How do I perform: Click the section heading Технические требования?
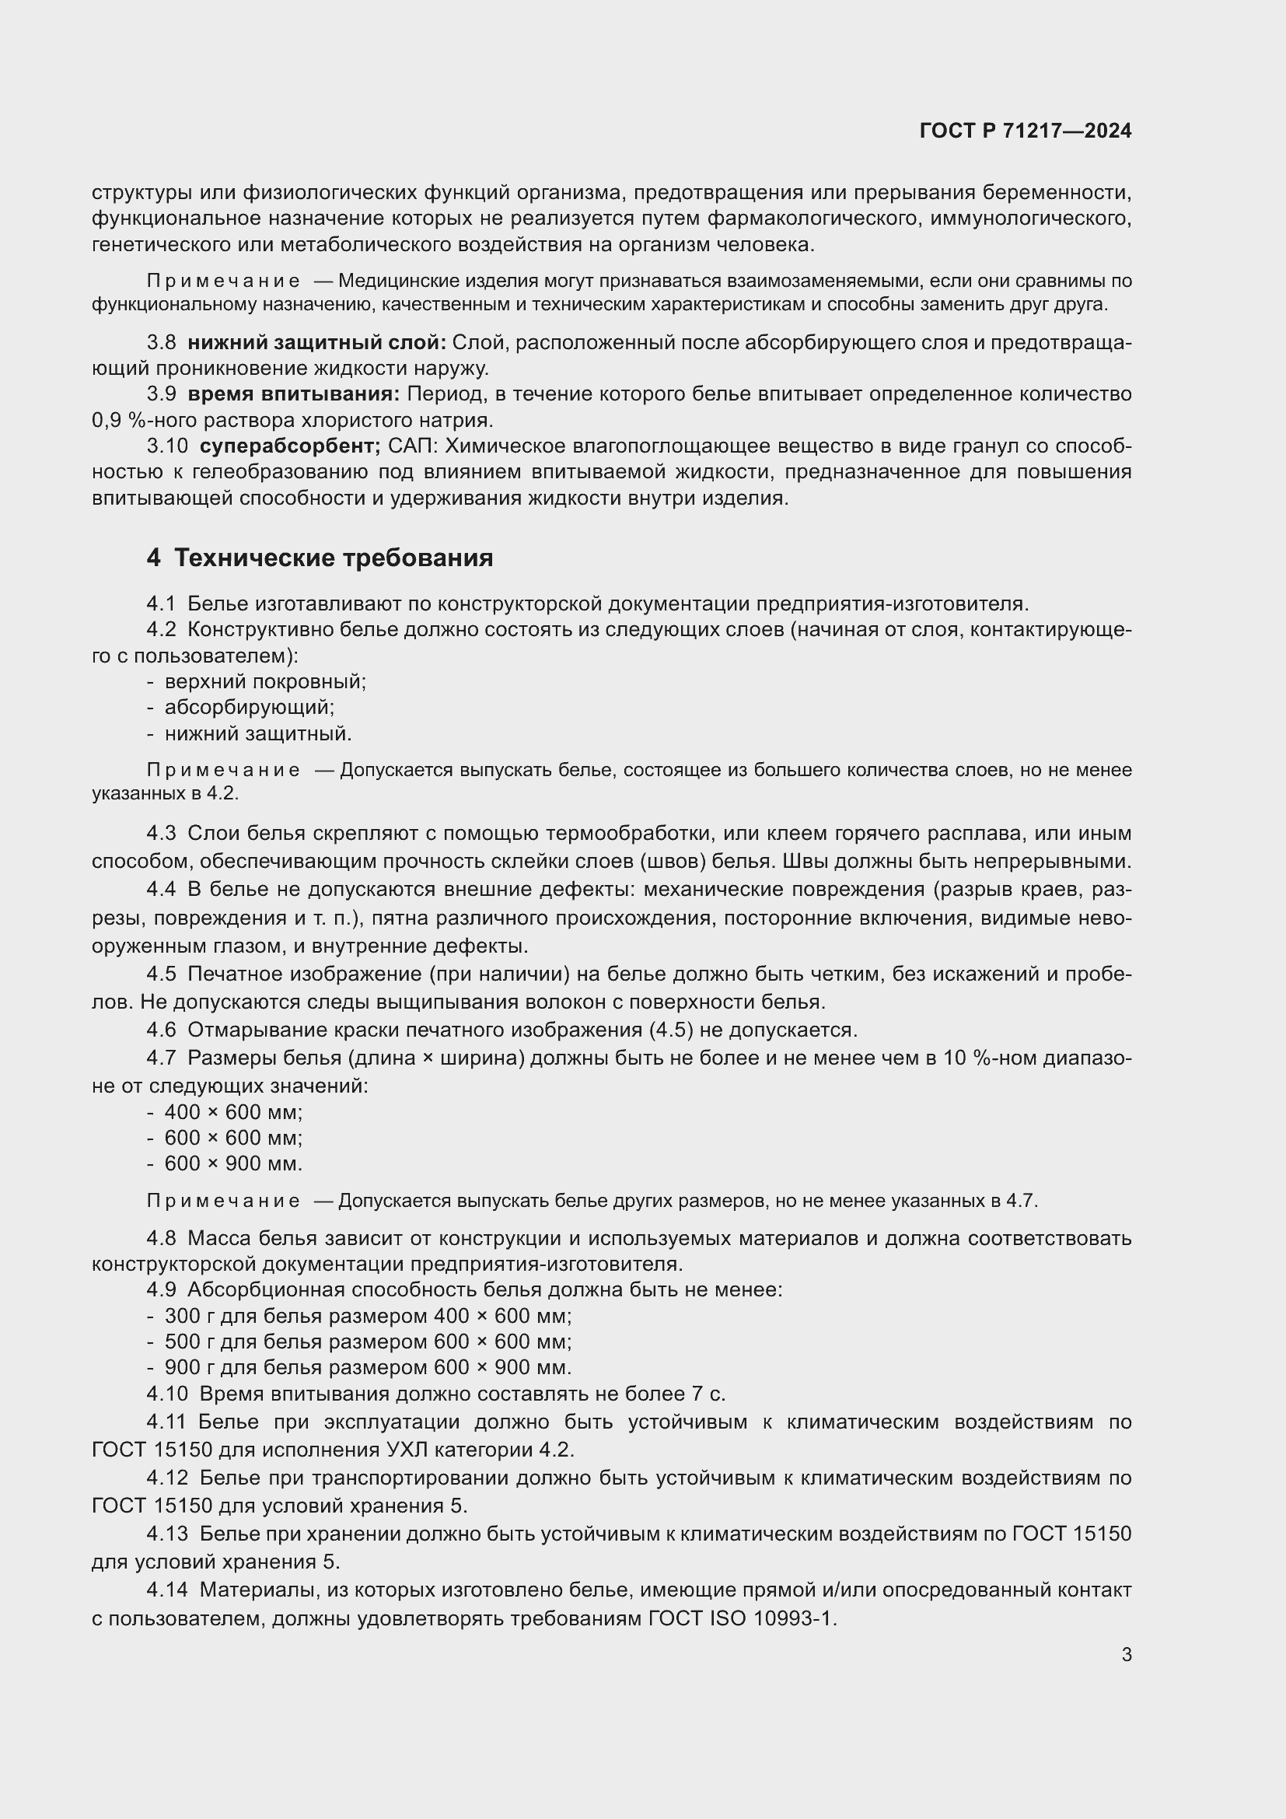pos(334,558)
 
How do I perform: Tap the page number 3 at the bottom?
pos(1127,1654)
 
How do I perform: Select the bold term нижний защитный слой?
pos(316,342)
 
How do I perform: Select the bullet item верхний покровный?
pos(264,681)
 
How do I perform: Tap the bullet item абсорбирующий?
pos(249,707)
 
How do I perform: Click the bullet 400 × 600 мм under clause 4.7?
pos(232,1112)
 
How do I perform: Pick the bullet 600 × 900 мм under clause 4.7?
pos(232,1164)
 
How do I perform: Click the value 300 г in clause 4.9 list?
pos(186,1316)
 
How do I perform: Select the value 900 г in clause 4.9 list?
pos(186,1367)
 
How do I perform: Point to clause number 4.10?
pos(167,1394)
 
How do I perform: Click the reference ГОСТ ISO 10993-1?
pos(741,1618)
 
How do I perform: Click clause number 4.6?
pos(161,1030)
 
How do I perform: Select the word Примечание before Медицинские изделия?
pos(223,282)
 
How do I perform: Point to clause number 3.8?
pos(161,342)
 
